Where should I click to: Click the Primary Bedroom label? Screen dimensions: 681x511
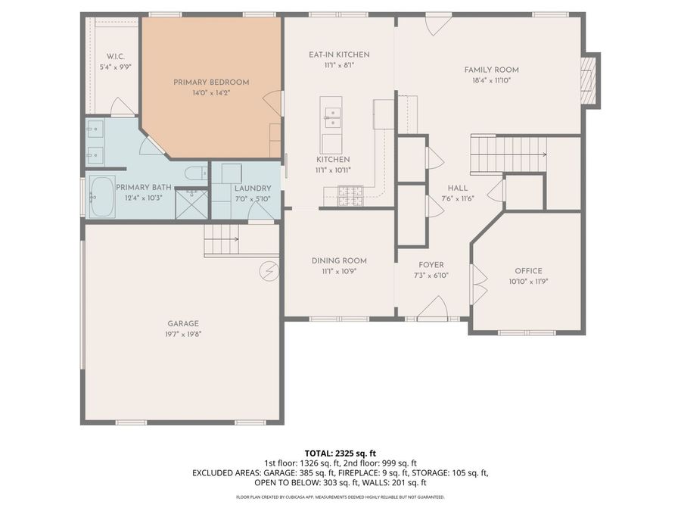coord(211,82)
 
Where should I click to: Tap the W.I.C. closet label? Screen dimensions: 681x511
coord(116,57)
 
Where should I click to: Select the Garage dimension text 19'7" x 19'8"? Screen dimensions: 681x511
coord(183,334)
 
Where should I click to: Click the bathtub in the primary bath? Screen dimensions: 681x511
coord(102,197)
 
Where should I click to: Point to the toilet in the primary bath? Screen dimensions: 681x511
coord(197,173)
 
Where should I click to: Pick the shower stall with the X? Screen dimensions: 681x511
coord(191,204)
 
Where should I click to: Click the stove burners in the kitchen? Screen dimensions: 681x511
coord(350,195)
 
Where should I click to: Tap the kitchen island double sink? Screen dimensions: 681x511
coord(331,118)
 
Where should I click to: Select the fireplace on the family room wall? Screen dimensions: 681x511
coord(589,80)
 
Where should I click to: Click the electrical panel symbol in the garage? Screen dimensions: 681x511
coord(269,272)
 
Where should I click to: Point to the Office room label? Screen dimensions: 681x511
coord(529,271)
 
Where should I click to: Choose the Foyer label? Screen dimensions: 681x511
coord(431,265)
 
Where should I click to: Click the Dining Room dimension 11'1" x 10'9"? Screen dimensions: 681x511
coord(339,272)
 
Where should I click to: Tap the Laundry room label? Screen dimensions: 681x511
coord(253,189)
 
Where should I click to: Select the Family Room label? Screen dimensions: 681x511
coord(492,70)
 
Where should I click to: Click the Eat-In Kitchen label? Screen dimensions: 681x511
coord(339,55)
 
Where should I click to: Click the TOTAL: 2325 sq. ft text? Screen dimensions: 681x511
coord(340,453)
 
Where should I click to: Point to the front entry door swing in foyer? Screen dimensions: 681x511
coord(434,307)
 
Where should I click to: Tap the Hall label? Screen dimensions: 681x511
coord(458,189)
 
